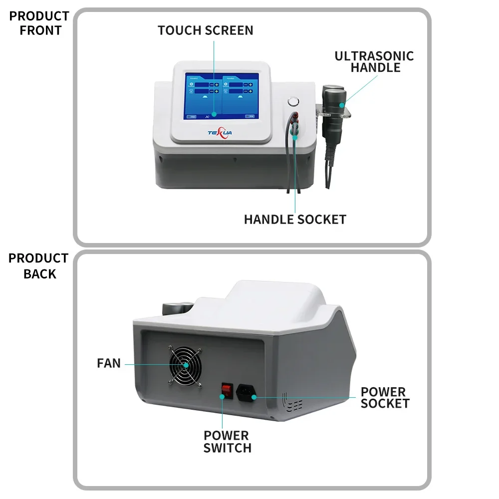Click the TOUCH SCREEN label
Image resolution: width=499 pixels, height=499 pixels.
click(206, 30)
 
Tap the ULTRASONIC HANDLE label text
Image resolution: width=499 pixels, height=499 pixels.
click(374, 61)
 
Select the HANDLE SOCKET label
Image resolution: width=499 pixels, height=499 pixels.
click(295, 219)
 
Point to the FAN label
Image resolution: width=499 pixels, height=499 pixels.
click(109, 363)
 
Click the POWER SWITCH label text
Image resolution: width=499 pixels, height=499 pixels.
click(227, 442)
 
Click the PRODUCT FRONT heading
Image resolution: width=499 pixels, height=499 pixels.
click(39, 23)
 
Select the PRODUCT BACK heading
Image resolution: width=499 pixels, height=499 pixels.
click(38, 266)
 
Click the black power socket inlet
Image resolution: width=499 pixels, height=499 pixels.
click(247, 393)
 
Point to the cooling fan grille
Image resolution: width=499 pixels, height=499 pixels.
click(185, 366)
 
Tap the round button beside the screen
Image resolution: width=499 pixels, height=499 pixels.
click(292, 102)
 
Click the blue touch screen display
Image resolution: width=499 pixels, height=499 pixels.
click(222, 96)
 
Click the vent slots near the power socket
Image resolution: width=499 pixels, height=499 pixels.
click(294, 403)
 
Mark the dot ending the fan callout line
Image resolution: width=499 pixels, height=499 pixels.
click(186, 365)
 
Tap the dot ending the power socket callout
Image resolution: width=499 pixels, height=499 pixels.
click(254, 397)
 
